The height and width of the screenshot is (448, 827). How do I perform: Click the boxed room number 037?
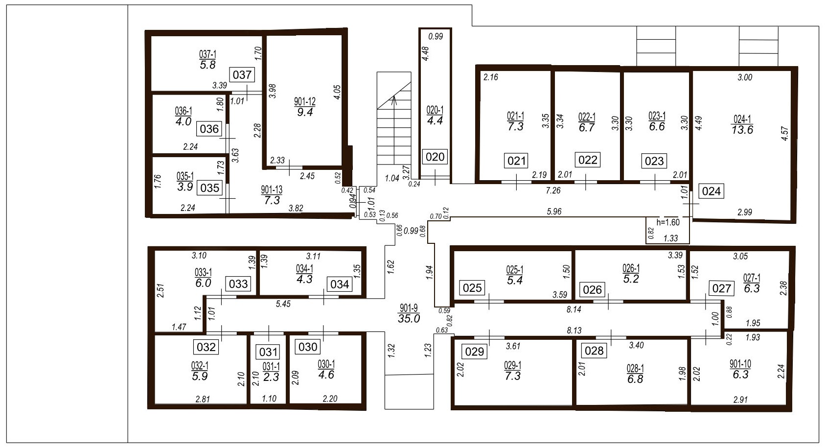pyautogui.click(x=242, y=75)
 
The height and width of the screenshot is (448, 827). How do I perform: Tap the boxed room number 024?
pyautogui.click(x=711, y=191)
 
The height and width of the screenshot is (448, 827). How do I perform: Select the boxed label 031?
pyautogui.click(x=268, y=352)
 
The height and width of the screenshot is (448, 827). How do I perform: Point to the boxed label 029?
pyautogui.click(x=474, y=352)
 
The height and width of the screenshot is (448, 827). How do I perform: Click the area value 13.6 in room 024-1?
pyautogui.click(x=742, y=130)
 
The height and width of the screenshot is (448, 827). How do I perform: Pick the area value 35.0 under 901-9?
pyautogui.click(x=409, y=318)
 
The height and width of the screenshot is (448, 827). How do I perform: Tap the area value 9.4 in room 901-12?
pyautogui.click(x=305, y=112)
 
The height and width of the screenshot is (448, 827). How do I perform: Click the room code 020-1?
pyautogui.click(x=435, y=110)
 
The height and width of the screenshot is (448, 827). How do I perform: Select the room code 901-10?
pyautogui.click(x=740, y=364)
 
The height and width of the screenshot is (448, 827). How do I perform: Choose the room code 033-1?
pyautogui.click(x=203, y=273)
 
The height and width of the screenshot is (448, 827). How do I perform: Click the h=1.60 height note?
pyautogui.click(x=668, y=222)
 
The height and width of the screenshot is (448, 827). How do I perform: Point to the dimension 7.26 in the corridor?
pyautogui.click(x=553, y=190)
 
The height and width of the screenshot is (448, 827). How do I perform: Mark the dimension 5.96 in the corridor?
pyautogui.click(x=554, y=212)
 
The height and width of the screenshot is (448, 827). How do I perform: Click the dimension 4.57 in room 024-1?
pyautogui.click(x=785, y=133)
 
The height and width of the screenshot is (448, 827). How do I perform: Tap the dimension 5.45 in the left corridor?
pyautogui.click(x=283, y=304)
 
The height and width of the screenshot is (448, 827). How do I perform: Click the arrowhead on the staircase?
pyautogui.click(x=394, y=98)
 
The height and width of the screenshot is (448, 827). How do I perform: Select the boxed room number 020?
pyautogui.click(x=435, y=157)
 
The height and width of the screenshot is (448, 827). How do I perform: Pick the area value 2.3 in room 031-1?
pyautogui.click(x=271, y=377)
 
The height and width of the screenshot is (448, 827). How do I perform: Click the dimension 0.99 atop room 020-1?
pyautogui.click(x=436, y=36)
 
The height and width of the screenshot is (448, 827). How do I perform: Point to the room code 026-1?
pyautogui.click(x=631, y=268)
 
